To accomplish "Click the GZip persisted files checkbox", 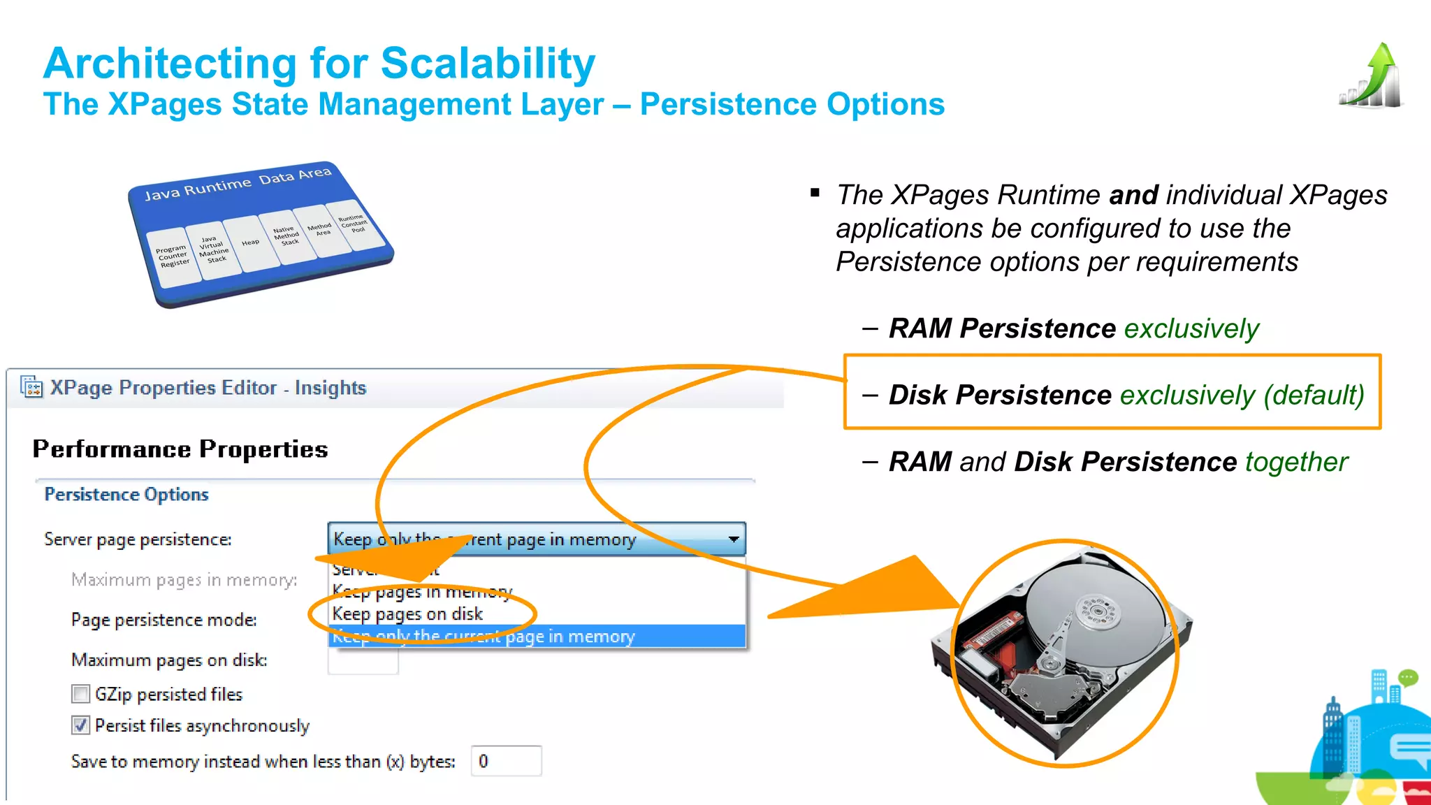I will [x=81, y=694].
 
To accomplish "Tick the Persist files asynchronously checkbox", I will [x=81, y=725].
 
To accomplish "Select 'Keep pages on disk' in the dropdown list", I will [x=407, y=614].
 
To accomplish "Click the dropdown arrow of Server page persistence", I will [x=733, y=539].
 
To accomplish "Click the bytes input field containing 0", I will [x=506, y=761].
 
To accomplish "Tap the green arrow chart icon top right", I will [x=1371, y=76].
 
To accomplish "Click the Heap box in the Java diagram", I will [x=251, y=243].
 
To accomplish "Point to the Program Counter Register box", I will [x=173, y=256].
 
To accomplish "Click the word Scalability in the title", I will [x=488, y=64].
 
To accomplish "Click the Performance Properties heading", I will [x=180, y=449].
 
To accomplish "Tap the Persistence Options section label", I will [x=126, y=495].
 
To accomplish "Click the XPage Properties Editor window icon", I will [x=31, y=386].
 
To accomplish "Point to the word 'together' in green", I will [x=1296, y=462].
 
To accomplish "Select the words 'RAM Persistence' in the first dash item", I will [x=1002, y=328].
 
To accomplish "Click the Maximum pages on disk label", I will [x=169, y=660].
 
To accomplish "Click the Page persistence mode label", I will [x=164, y=620].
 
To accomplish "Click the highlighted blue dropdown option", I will [x=537, y=637].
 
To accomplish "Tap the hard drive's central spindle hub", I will [x=1097, y=610].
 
